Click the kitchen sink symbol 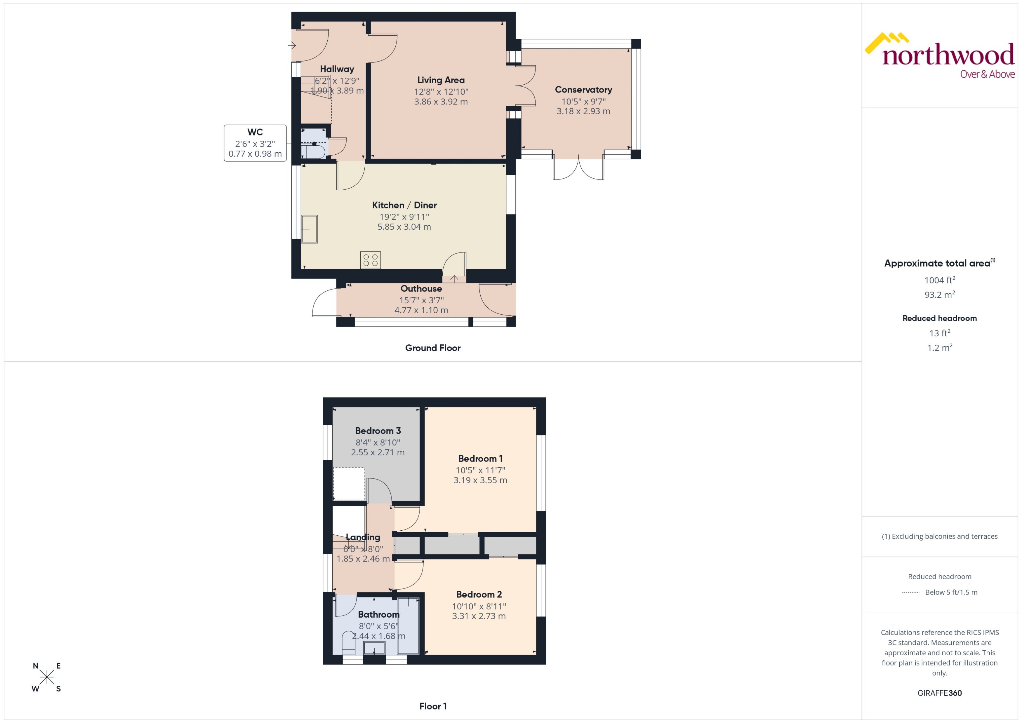coord(310,229)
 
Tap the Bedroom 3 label coord(378,431)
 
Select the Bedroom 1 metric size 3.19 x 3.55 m coord(480,480)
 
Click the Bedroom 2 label coord(479,594)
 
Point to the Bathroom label coord(378,614)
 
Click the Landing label coord(363,537)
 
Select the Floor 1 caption coord(432,706)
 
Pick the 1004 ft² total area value coord(940,280)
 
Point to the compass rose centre coord(47,677)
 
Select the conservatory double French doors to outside coord(578,168)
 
